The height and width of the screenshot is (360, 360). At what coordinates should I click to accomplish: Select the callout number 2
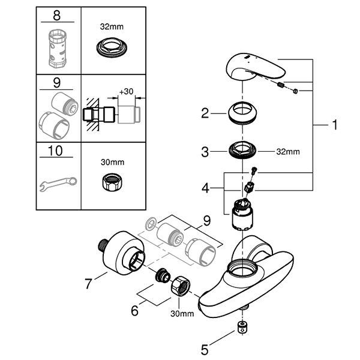[x=205, y=112]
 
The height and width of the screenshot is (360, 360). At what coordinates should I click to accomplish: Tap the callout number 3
[x=205, y=152]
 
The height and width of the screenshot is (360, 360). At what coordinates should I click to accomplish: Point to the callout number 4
[x=205, y=188]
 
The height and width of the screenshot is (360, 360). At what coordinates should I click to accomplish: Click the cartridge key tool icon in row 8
[x=57, y=46]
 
